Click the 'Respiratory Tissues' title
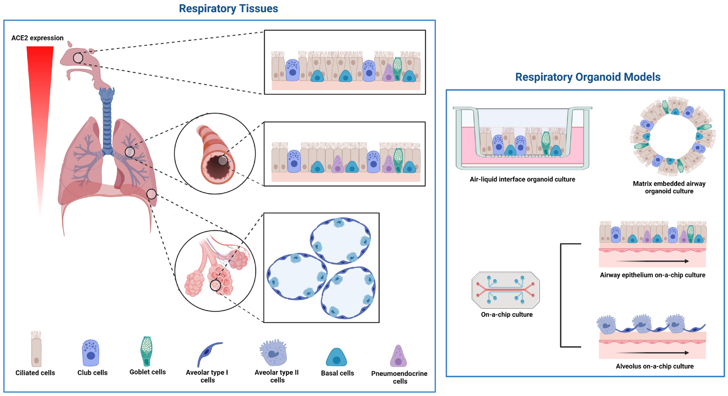click(x=228, y=9)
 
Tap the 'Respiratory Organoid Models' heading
click(x=588, y=77)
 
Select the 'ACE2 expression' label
click(x=37, y=38)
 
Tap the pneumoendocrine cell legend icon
click(x=398, y=356)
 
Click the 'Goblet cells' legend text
click(x=148, y=372)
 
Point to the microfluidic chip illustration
click(x=506, y=290)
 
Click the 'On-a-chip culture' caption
click(x=507, y=315)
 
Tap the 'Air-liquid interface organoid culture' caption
click(x=522, y=179)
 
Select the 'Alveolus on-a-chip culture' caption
click(x=654, y=366)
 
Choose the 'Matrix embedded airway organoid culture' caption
click(x=669, y=187)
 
